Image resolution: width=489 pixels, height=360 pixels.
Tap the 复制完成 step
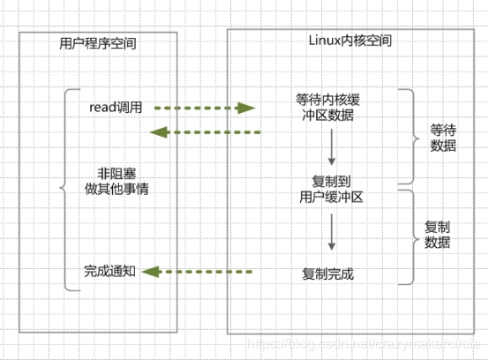327,274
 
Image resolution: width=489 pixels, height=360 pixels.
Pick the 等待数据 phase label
443,138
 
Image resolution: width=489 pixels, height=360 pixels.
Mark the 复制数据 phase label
438,235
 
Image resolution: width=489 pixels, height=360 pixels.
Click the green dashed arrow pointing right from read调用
204,109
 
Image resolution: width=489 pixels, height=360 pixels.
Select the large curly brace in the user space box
63,189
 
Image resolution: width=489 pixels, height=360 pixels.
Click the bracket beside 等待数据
408,138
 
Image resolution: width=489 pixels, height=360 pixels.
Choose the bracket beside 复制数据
408,236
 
